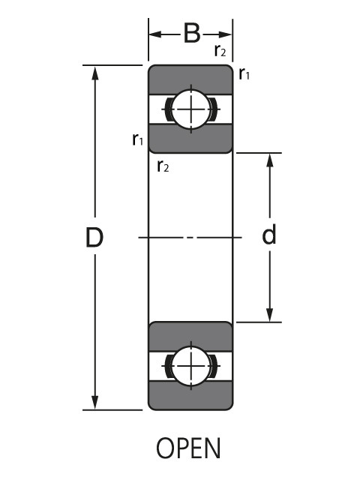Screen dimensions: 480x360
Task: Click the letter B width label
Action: click(191, 34)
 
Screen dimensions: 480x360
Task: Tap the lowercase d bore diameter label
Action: click(269, 235)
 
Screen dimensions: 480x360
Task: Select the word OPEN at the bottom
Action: click(189, 448)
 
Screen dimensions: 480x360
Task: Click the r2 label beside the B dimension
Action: click(220, 51)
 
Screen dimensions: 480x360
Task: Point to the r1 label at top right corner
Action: click(244, 73)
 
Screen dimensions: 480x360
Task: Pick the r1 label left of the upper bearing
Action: click(137, 139)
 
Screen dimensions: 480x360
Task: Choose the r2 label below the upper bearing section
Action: click(163, 166)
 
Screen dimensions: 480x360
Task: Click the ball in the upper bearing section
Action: click(191, 109)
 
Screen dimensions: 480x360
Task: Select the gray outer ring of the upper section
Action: click(190, 78)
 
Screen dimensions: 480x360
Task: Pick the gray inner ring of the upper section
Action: click(190, 140)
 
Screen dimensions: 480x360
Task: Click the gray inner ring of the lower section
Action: click(190, 334)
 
